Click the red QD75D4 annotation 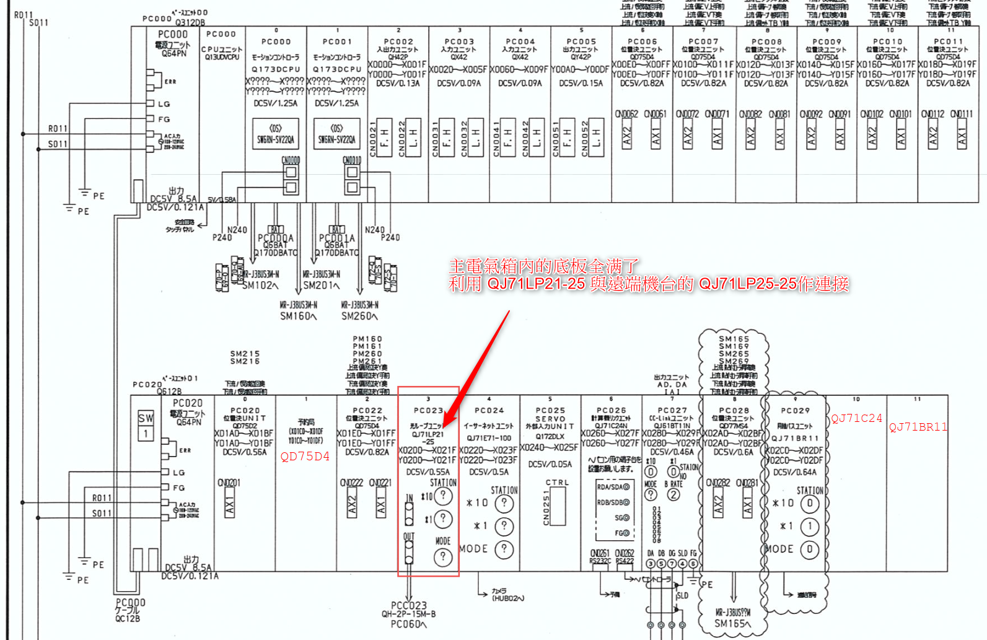305,457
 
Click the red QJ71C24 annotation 856,418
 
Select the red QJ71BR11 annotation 918,427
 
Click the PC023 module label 428,410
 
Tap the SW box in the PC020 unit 146,418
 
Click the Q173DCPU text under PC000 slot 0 276,69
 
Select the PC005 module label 581,42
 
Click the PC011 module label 948,42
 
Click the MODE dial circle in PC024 504,549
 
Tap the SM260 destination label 359,316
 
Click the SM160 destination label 298,316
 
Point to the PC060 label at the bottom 408,624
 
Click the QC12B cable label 128,618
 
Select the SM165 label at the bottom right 732,623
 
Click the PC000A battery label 276,238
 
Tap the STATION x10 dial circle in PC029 810,503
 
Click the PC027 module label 672,410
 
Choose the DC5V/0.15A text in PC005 581,83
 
